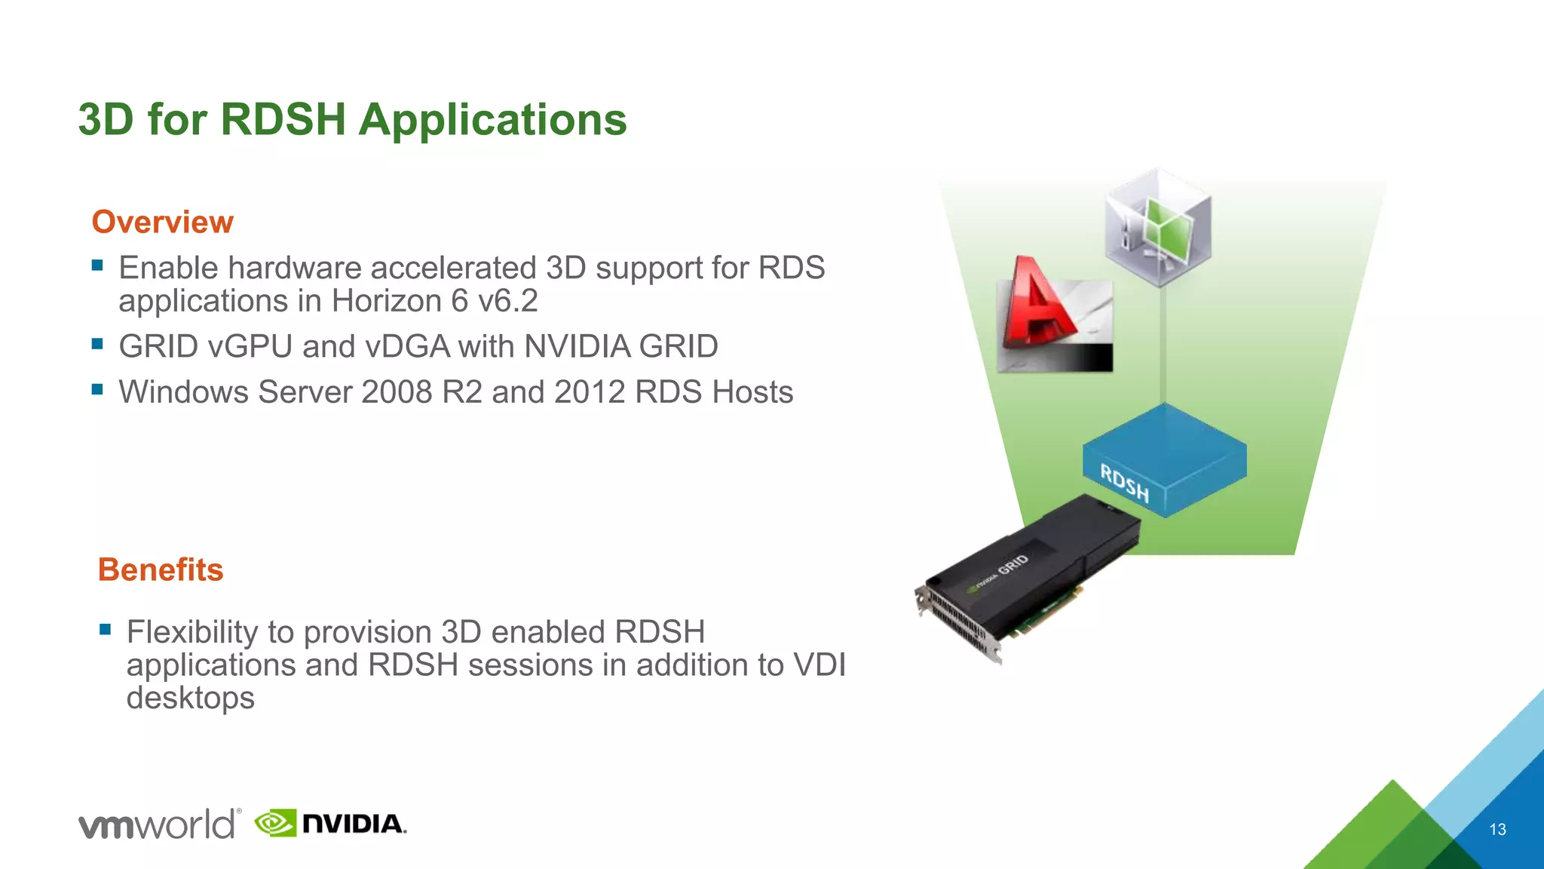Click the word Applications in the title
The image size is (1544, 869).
click(492, 120)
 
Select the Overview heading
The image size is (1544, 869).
click(162, 222)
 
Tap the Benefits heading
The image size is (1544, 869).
click(161, 570)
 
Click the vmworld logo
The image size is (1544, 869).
click(159, 824)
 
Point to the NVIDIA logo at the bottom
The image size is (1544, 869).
click(331, 824)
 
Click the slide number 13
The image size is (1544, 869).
click(1497, 829)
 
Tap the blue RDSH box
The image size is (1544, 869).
click(1165, 459)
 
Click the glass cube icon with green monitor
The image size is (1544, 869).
click(1158, 227)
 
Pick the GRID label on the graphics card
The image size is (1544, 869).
click(1013, 565)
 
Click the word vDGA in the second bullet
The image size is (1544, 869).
click(408, 347)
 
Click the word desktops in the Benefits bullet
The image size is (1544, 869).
click(190, 698)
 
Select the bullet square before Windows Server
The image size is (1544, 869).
click(97, 389)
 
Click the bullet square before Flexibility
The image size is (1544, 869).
click(106, 629)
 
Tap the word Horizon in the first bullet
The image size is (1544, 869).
click(386, 301)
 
